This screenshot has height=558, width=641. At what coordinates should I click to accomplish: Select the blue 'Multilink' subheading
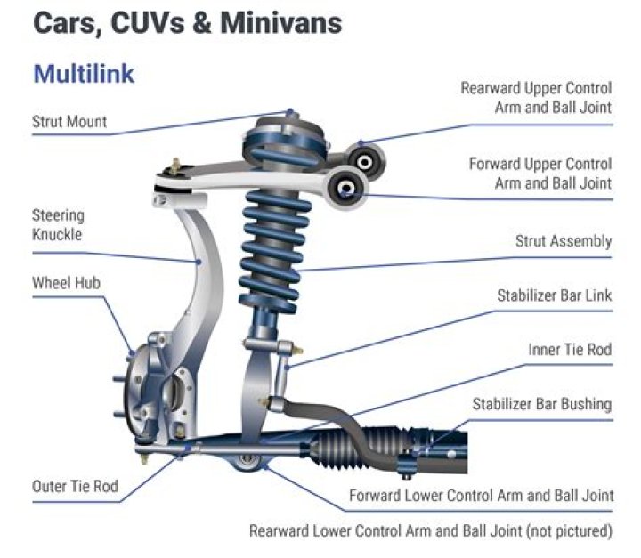[84, 73]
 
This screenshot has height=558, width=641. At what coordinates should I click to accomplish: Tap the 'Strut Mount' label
[69, 122]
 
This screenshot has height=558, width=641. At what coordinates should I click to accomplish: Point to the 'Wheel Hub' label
[66, 283]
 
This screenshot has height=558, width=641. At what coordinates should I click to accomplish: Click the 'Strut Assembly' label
[564, 241]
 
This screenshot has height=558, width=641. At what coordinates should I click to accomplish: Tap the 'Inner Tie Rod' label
[569, 350]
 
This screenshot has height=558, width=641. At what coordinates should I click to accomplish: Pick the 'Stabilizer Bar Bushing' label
[541, 404]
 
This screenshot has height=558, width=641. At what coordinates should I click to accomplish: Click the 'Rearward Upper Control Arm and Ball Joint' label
[536, 98]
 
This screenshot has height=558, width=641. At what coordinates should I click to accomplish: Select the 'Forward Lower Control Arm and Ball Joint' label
[481, 495]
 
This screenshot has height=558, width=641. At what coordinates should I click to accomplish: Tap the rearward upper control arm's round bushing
[364, 160]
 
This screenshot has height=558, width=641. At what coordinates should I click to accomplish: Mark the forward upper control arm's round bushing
[345, 188]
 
